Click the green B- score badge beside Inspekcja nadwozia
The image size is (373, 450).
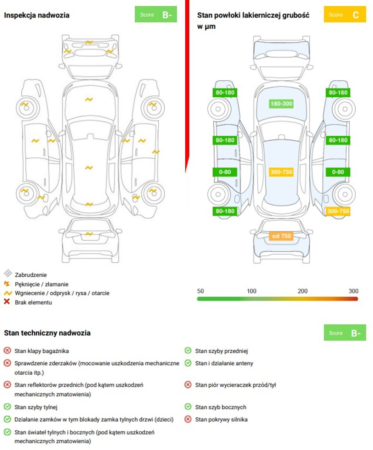[156, 14]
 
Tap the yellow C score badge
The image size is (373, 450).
[345, 14]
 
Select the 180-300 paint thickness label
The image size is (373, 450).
[281, 104]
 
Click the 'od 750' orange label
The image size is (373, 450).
[281, 236]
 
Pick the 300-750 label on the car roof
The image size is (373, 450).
[281, 172]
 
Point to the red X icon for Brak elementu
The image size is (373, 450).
[7, 301]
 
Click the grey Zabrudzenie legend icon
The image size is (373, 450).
[8, 273]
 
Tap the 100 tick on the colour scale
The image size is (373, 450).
[251, 291]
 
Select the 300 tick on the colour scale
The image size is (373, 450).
[353, 291]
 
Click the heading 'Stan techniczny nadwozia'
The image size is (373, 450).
[47, 333]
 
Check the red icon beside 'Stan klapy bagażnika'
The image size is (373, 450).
[7, 350]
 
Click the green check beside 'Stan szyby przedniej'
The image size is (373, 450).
[188, 350]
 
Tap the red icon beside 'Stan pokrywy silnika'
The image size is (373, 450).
[188, 419]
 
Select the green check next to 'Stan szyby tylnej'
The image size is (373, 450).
[7, 407]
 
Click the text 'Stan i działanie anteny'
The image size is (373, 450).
[224, 363]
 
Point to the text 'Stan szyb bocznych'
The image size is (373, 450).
[221, 407]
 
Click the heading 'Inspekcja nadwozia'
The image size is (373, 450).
[37, 15]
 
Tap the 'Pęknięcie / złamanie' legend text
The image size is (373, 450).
[42, 284]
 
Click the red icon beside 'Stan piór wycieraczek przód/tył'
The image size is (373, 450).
[188, 384]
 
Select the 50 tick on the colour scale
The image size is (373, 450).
[200, 291]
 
